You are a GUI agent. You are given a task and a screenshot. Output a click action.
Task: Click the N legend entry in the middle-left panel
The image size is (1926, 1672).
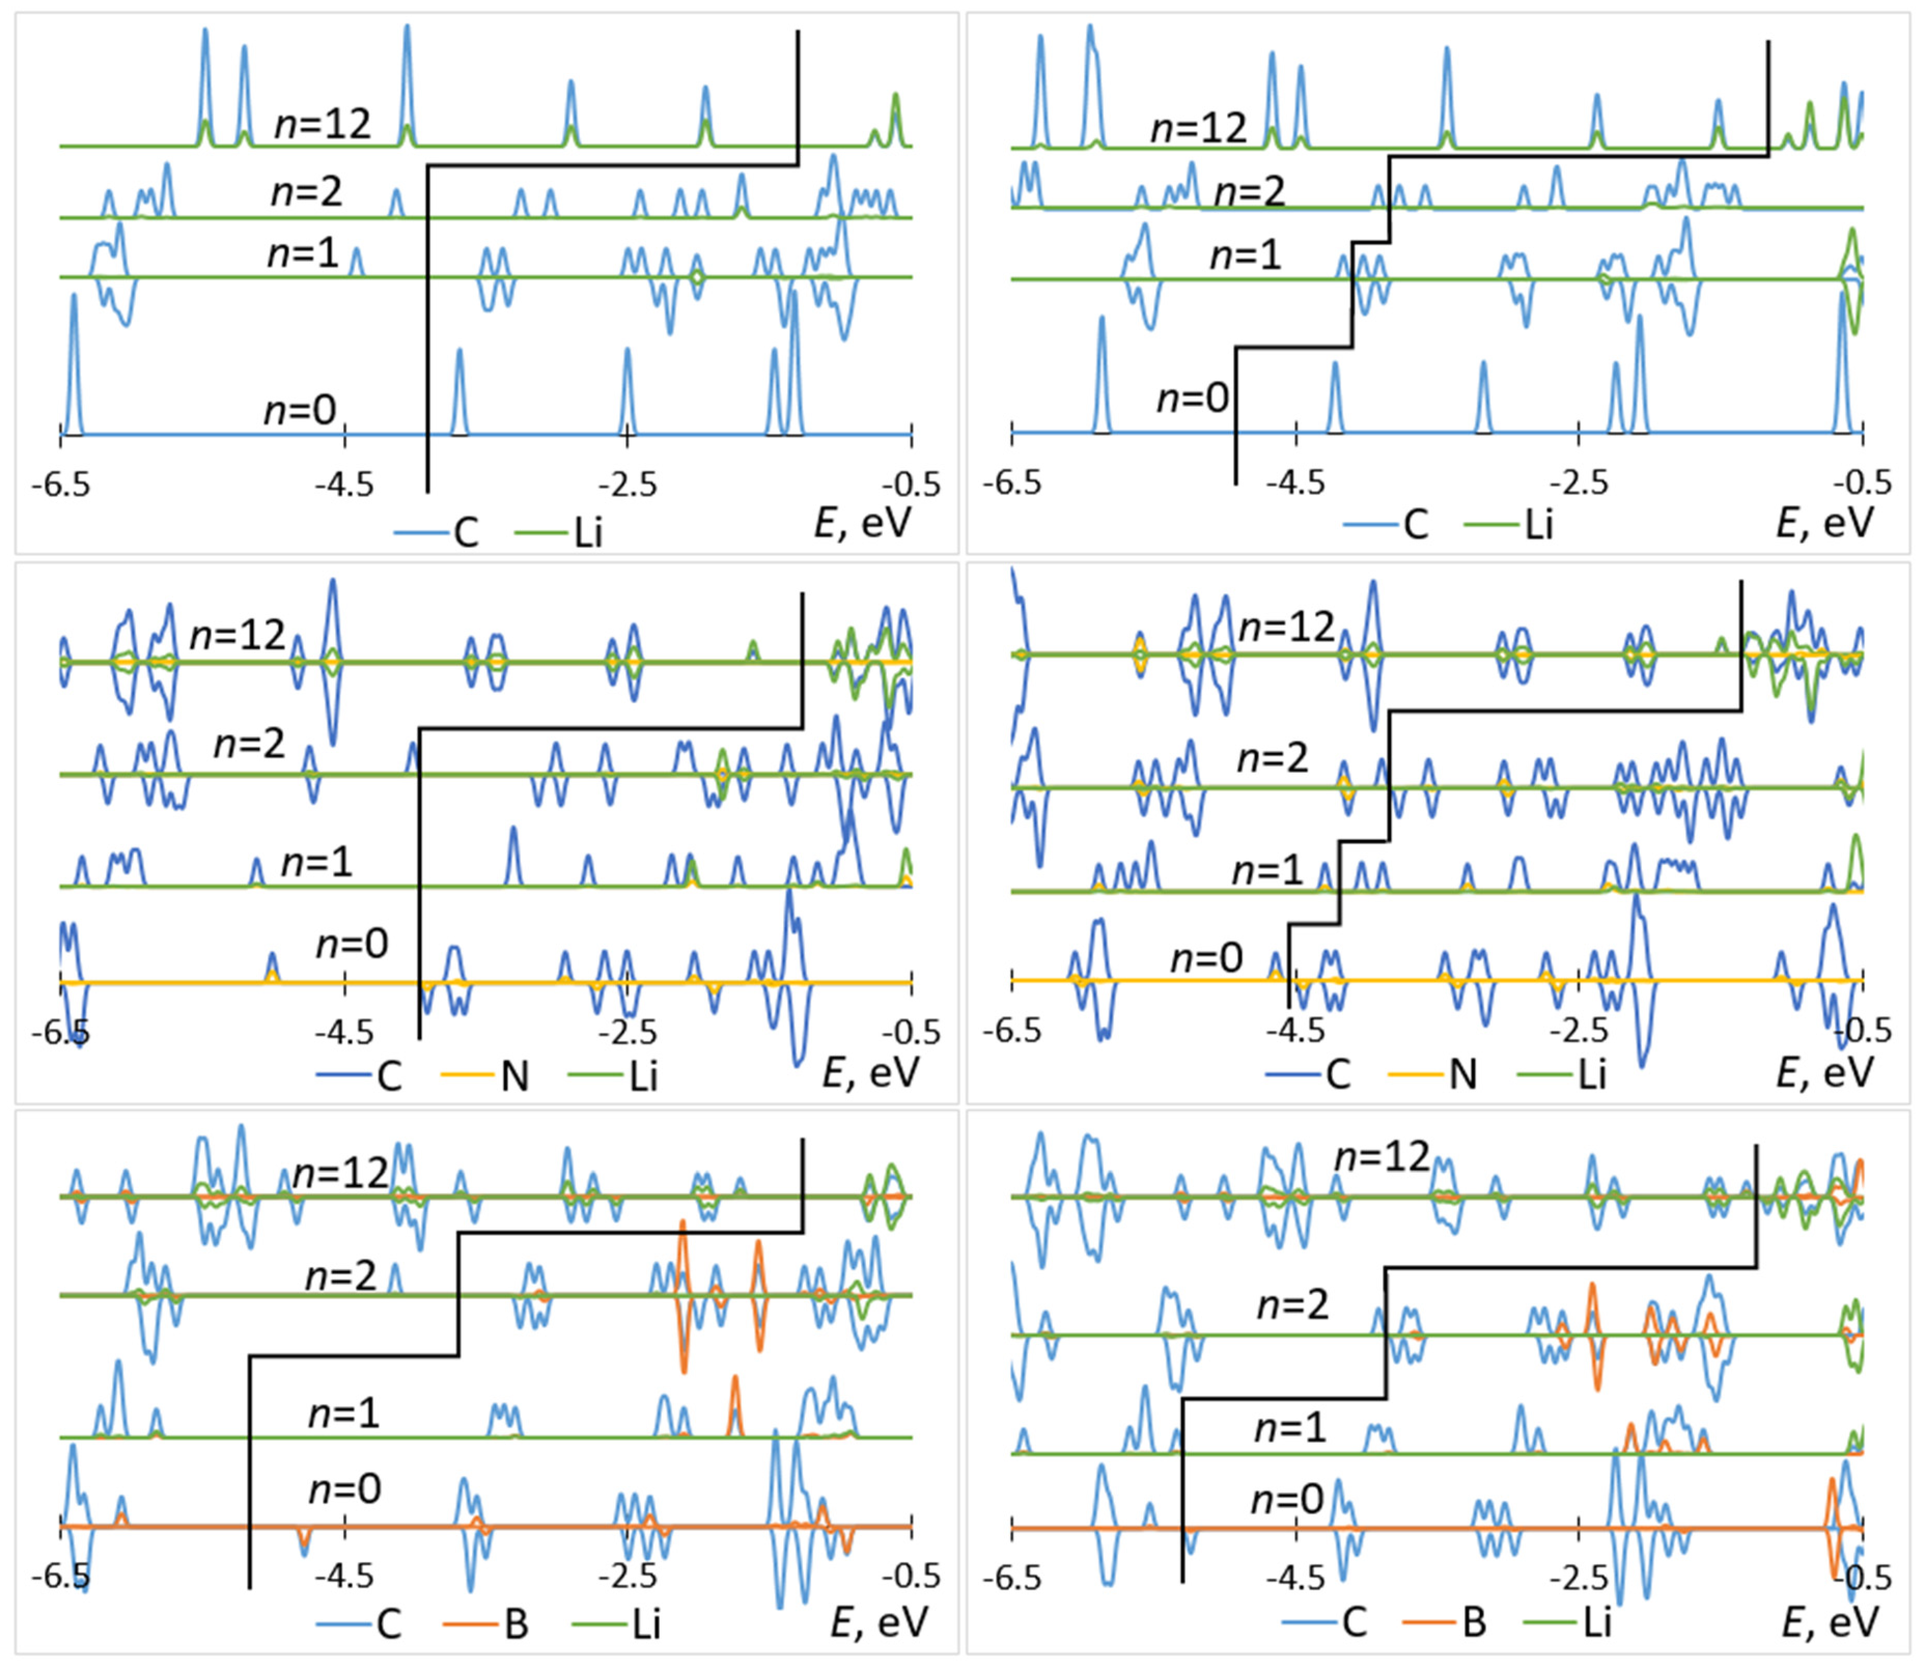point(514,1076)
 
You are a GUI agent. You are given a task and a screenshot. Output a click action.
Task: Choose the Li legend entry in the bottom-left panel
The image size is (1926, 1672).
point(646,1624)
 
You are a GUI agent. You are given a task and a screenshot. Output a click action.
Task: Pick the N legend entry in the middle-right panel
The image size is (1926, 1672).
point(1462,1075)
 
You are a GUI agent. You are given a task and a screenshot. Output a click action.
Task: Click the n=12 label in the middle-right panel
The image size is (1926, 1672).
point(1287,627)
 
